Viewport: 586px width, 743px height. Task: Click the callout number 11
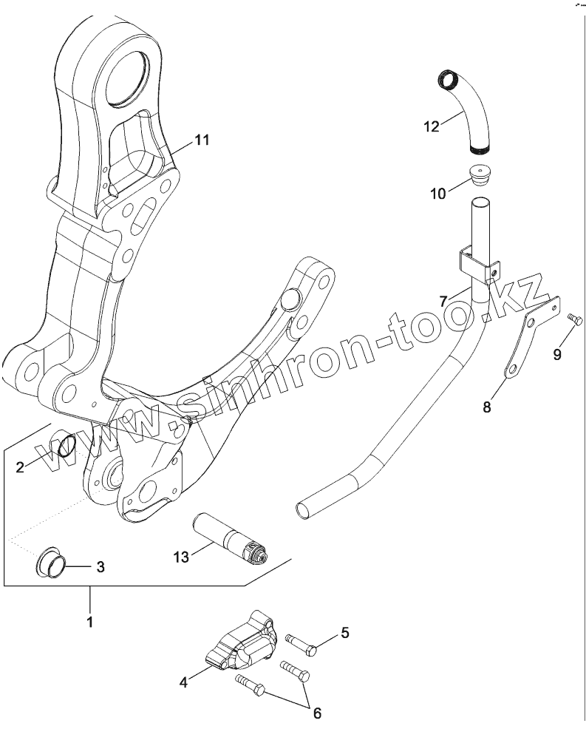202,139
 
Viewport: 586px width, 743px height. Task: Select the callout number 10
438,194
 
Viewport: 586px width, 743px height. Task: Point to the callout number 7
443,301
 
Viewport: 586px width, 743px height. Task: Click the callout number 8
486,406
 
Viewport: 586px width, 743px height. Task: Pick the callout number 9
557,353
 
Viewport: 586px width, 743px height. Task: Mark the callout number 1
89,622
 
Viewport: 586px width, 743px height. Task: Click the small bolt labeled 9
576,319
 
